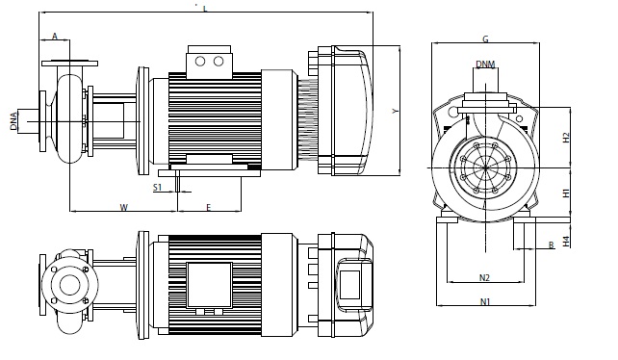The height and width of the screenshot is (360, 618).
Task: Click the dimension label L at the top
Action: coord(205,9)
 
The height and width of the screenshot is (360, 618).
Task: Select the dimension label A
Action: coord(55,37)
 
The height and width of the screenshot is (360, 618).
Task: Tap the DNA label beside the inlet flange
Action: coord(13,121)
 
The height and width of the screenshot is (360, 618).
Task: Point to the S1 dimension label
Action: coord(157,188)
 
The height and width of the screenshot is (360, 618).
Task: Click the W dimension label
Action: coord(124,207)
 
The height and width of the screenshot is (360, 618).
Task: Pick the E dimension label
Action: coord(209,207)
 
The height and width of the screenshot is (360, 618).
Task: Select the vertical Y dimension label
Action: coord(396,112)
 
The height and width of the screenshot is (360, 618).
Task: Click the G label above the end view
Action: coord(485,39)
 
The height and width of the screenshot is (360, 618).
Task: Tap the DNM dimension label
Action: coord(485,64)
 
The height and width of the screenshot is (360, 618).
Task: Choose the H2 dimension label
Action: coord(566,138)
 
